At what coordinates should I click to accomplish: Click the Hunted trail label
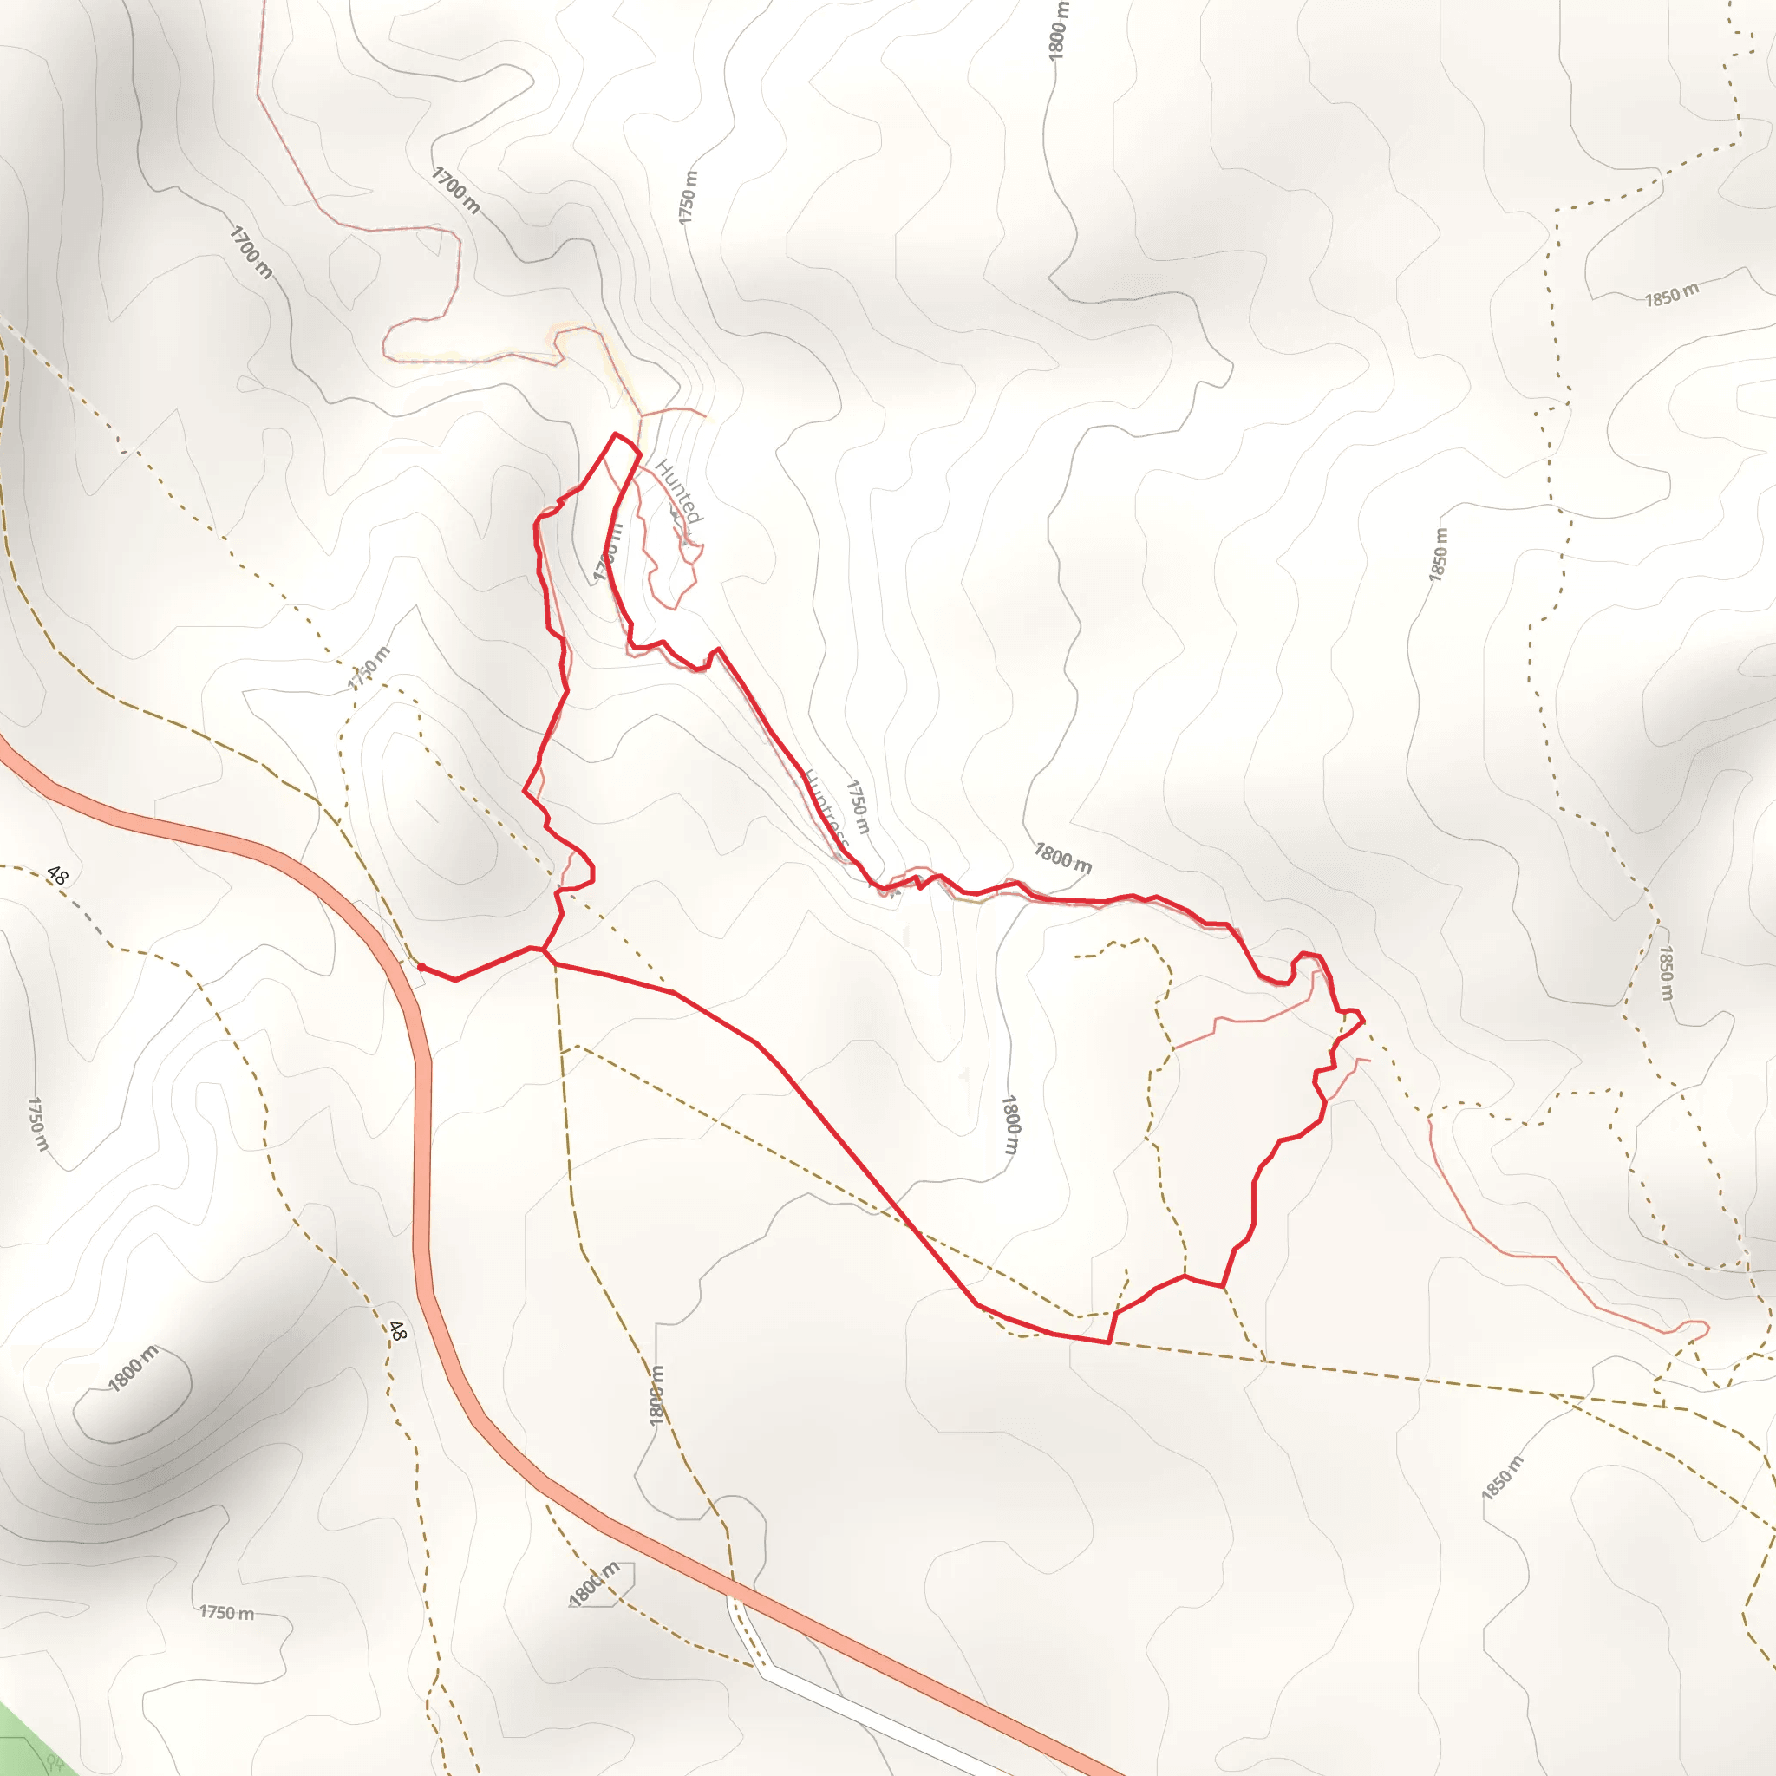click(679, 492)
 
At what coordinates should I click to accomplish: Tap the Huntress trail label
click(825, 808)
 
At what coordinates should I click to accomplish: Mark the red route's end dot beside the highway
click(421, 967)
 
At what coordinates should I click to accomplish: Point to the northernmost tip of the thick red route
click(616, 434)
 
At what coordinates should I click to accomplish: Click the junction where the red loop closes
click(545, 950)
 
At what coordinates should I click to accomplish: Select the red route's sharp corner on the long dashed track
click(1109, 1342)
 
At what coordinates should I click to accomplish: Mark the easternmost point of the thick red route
click(1363, 1020)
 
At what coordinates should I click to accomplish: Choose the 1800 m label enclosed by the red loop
click(1010, 1123)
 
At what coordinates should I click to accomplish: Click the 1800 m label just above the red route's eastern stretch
click(1062, 858)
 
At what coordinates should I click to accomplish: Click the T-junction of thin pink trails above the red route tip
click(642, 415)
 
